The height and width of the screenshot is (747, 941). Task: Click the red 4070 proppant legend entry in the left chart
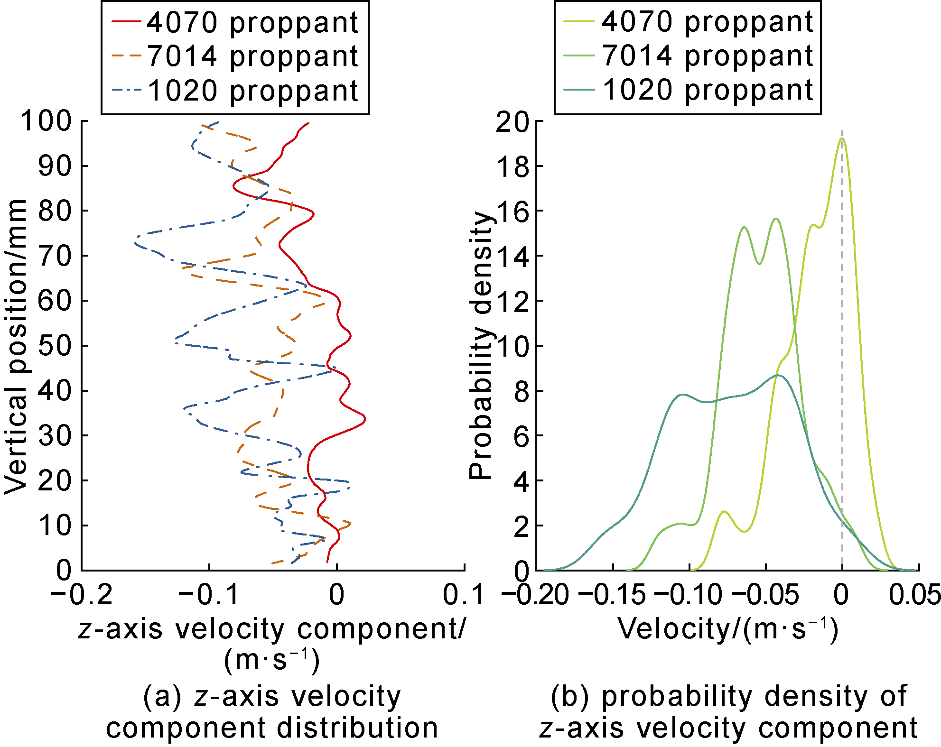(235, 22)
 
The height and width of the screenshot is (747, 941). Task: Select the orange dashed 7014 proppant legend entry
(235, 56)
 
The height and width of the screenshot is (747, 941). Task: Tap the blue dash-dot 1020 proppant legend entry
(235, 90)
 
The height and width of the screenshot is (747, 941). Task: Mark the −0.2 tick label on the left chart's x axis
(82, 595)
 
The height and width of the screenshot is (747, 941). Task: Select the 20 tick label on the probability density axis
(512, 122)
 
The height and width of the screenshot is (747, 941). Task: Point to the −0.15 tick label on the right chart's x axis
(612, 595)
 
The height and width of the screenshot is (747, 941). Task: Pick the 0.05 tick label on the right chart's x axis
(914, 595)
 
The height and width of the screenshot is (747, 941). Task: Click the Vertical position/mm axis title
(16, 346)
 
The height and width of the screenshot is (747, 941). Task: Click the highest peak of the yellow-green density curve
(842, 138)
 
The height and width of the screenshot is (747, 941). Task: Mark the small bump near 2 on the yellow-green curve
(724, 512)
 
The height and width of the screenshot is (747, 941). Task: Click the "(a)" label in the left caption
(162, 696)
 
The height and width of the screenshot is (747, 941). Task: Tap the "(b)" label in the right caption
(570, 696)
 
